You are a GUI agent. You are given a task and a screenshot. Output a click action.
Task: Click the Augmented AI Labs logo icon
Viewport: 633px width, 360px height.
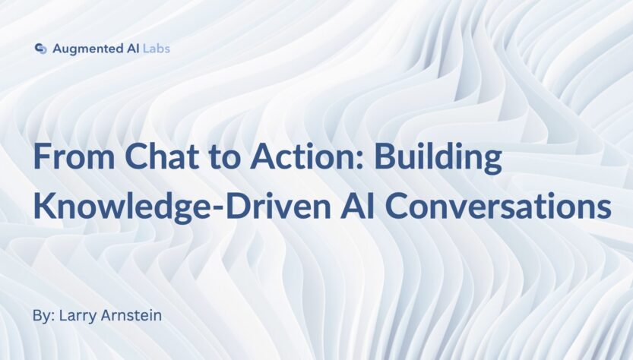pos(40,49)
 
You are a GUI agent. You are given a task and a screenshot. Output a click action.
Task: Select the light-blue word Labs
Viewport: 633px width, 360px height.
pos(157,49)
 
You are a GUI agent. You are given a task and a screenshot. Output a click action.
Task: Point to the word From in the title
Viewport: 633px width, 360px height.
pos(74,156)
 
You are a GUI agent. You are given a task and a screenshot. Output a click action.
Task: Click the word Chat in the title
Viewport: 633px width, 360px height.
pos(161,156)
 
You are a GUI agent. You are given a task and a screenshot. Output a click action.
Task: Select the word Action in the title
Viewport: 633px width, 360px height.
pos(303,156)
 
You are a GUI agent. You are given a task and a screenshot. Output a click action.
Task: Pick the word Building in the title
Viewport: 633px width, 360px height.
pos(438,158)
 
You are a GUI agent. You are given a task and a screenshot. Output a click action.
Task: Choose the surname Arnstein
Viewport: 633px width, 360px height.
pos(131,315)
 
